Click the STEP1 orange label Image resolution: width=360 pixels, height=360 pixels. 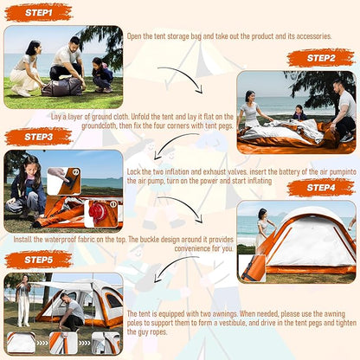pos(38,13)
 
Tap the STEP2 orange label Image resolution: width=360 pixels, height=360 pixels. pos(321,58)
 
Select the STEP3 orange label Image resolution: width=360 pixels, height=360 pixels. pos(38,137)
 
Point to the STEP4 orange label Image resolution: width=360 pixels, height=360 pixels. pos(321,188)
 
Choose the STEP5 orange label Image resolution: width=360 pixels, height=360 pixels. pos(38,260)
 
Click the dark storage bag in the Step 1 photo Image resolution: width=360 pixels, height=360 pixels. pos(62,87)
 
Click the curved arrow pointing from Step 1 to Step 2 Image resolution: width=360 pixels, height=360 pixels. pos(184,75)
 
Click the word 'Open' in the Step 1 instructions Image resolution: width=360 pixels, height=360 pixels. pos(134,36)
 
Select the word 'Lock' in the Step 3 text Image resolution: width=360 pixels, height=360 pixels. pos(134,171)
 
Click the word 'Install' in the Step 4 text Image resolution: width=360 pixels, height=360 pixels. pos(22,240)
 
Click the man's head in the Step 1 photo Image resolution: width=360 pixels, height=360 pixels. pos(74,42)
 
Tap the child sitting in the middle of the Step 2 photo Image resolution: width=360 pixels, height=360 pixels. pos(299,112)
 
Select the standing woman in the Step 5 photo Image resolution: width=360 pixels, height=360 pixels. pos(23,300)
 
